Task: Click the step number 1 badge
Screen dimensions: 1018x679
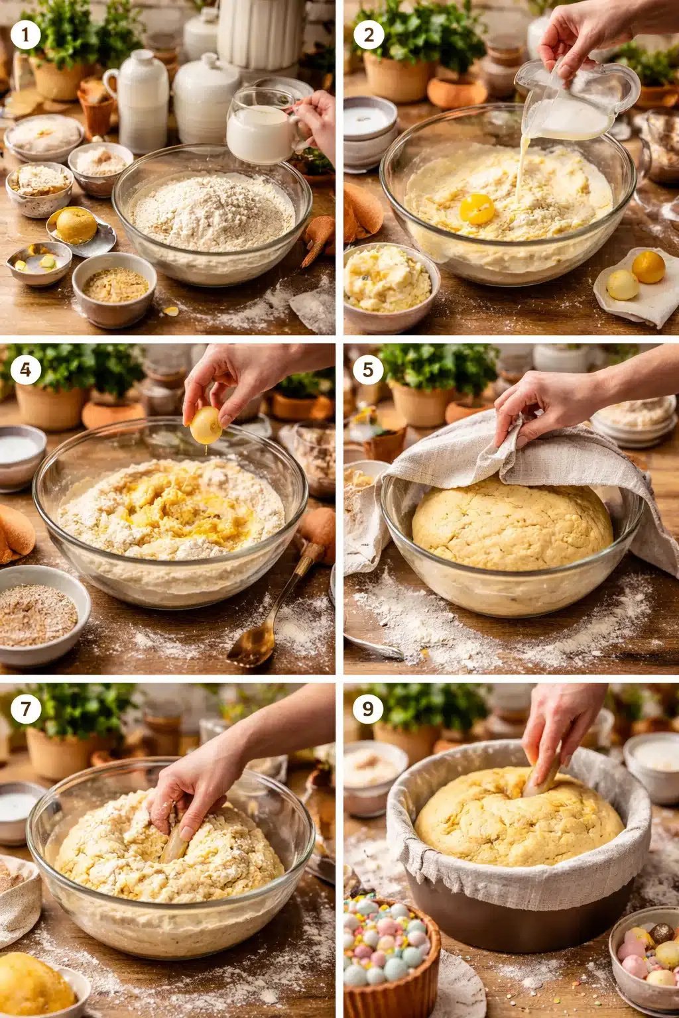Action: click(x=26, y=35)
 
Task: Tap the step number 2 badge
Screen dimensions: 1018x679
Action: click(x=369, y=35)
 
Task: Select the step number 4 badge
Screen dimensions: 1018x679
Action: click(x=26, y=369)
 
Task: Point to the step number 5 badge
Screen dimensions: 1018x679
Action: click(x=369, y=369)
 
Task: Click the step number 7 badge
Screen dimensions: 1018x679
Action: click(x=26, y=708)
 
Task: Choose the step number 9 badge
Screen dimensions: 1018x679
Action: click(x=369, y=708)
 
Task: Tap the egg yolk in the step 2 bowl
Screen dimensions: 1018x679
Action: click(x=477, y=209)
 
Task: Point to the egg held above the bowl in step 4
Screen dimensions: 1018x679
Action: click(x=206, y=425)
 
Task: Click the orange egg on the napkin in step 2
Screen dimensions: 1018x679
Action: click(x=648, y=267)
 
